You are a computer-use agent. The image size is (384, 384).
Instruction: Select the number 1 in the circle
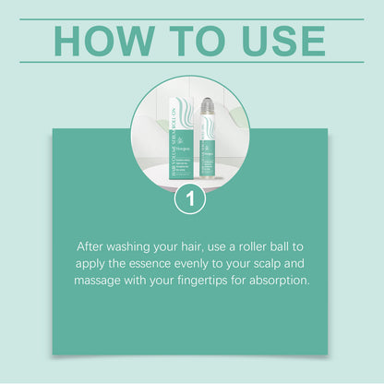coord(190,198)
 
